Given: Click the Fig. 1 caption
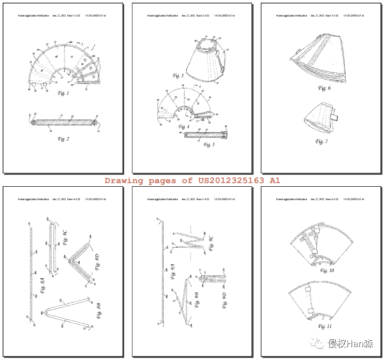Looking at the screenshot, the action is (x=64, y=93).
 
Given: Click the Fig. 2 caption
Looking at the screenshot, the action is (x=64, y=139).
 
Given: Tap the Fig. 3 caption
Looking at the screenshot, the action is (x=178, y=76).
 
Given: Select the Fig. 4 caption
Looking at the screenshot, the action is (x=184, y=126).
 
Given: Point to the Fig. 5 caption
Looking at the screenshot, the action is (x=209, y=144).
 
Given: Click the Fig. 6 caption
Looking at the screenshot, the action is (x=324, y=88).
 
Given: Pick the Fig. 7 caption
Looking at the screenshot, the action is (x=321, y=141).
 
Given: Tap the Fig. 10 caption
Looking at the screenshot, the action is (x=327, y=270).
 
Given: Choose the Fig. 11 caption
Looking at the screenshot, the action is (x=325, y=326).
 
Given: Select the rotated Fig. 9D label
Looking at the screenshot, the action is (x=225, y=300).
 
